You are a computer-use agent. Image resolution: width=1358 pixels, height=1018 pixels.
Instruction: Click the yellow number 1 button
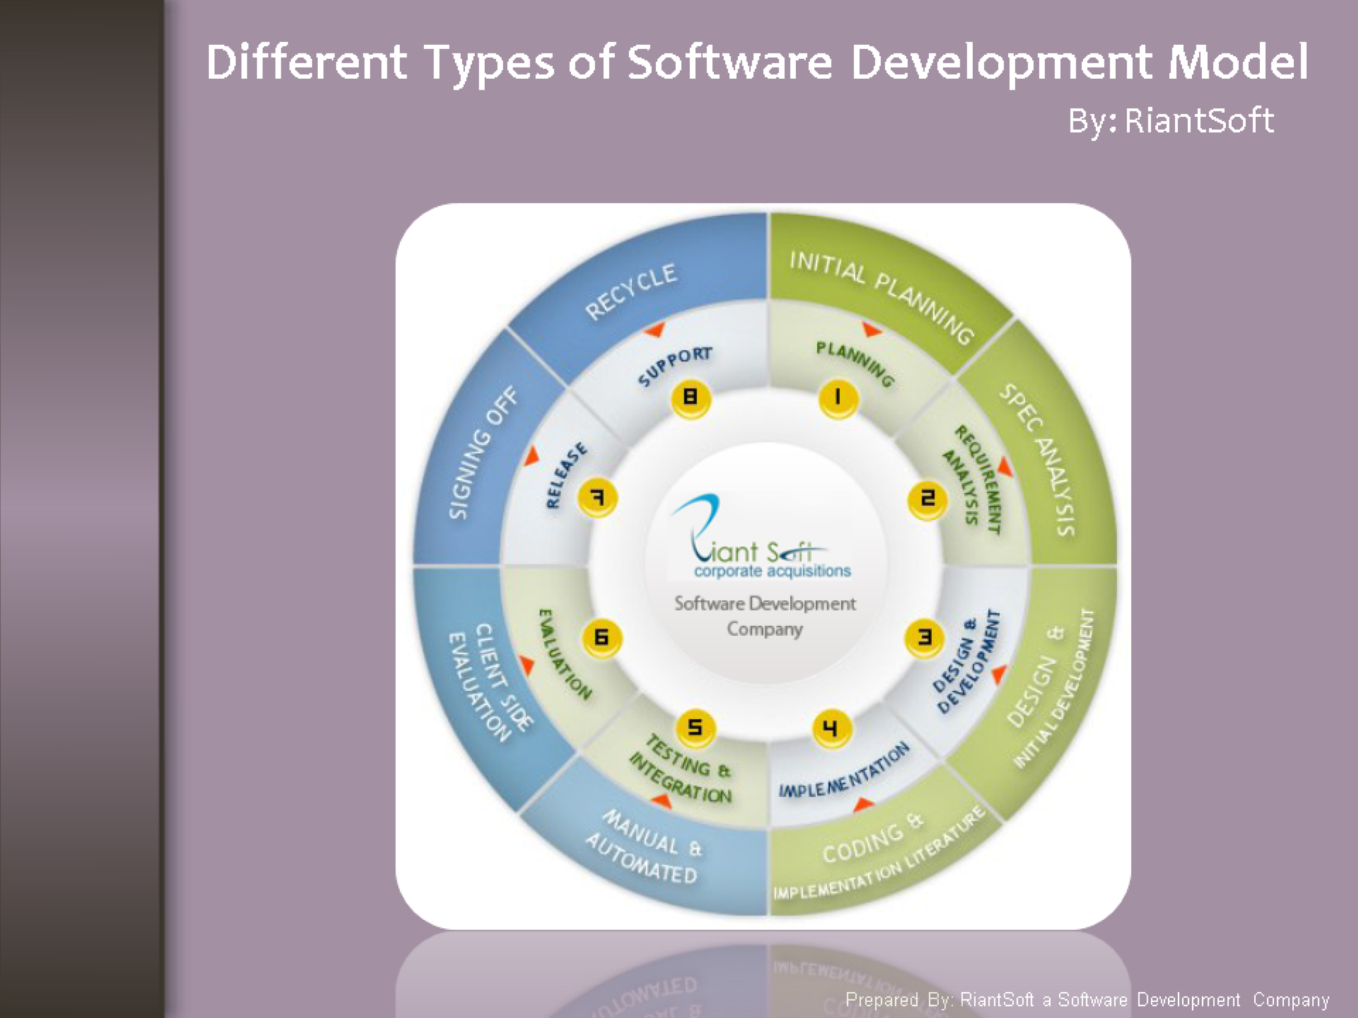(838, 398)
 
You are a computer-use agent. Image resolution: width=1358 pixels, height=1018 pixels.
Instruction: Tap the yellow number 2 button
(927, 499)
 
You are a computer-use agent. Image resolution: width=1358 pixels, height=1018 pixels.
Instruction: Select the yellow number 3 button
(924, 637)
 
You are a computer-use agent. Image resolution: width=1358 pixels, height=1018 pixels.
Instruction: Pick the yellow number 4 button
(831, 728)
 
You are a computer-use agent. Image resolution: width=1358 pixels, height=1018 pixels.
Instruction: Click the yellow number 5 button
(695, 728)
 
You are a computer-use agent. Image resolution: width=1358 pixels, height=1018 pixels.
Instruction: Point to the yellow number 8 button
(691, 398)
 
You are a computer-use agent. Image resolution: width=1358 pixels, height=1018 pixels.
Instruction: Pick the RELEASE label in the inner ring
(566, 476)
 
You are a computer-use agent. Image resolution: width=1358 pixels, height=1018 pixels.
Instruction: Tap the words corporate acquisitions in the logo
(772, 571)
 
